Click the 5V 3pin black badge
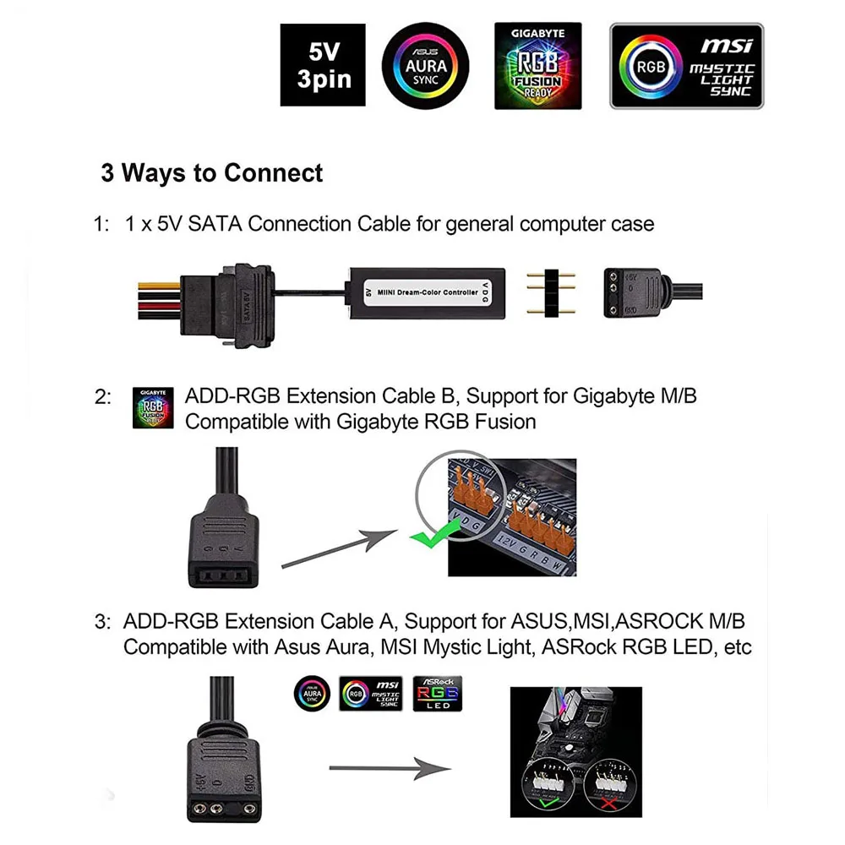[x=323, y=65]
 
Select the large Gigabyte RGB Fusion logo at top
[x=537, y=65]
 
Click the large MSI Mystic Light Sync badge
[x=686, y=66]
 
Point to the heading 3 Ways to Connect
[x=211, y=173]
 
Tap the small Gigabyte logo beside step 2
[x=153, y=408]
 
